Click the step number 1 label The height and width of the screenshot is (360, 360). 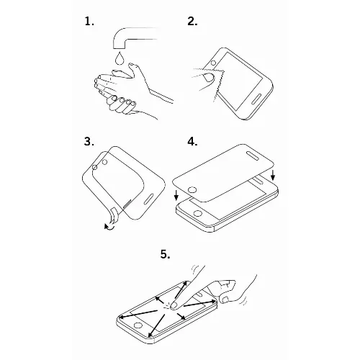coord(89,22)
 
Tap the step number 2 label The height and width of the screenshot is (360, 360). coord(192,22)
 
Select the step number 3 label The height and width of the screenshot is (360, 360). coord(89,141)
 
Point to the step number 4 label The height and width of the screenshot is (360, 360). coord(192,141)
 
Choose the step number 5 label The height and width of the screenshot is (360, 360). coord(166,254)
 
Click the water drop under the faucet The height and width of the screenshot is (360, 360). coord(120,58)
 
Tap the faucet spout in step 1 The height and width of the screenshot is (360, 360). coord(135,37)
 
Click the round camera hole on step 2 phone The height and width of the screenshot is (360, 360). coord(213,63)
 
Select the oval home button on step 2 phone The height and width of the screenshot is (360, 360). coord(256,99)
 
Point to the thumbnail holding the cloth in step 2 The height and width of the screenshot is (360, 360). coord(209,78)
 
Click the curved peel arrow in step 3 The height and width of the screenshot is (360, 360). coord(109,227)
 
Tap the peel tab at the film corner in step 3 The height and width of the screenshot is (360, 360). coord(114,215)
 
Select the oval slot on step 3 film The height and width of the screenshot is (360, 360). coord(148,199)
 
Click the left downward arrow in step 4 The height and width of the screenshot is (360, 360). coord(176,195)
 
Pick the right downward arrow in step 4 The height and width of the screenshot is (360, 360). coord(272,175)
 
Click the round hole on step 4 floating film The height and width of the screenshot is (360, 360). coord(192,190)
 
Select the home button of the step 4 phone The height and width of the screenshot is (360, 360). coord(198,213)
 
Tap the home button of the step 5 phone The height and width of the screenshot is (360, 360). coord(138,325)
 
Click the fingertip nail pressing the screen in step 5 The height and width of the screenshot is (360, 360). coord(174,305)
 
